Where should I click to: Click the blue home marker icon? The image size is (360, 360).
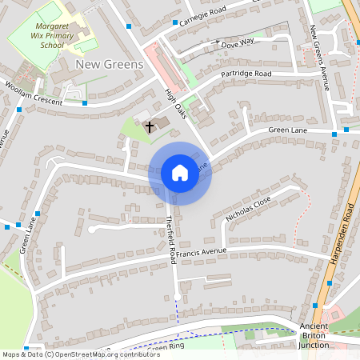pos(180,173)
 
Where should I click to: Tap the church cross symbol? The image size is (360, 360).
pos(149,126)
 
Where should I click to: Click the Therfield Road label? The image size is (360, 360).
pos(171,239)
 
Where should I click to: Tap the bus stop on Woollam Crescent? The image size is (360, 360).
pos(85,102)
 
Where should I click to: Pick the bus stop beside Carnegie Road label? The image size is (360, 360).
pos(174,22)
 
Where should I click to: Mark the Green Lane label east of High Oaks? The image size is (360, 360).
pos(288,130)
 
